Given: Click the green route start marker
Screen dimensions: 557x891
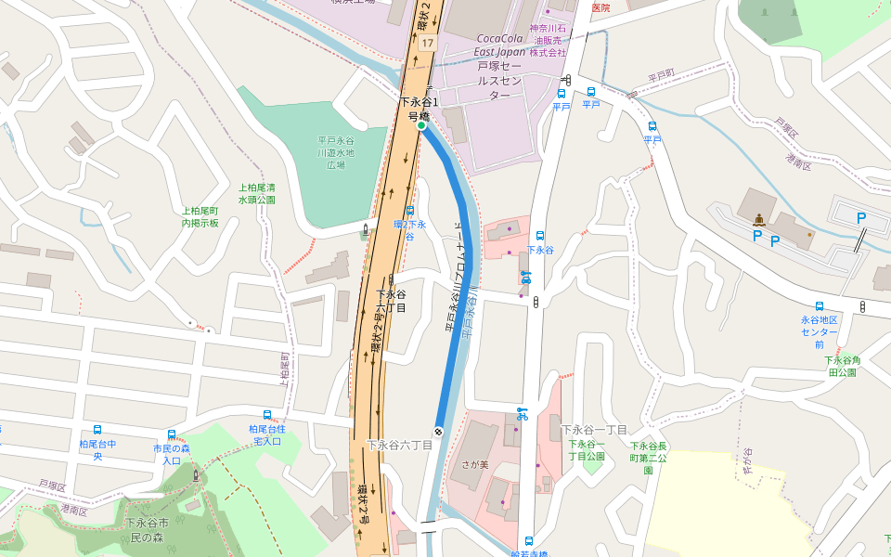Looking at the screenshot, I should tap(420, 125).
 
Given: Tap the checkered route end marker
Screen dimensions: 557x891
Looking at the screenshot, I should tap(438, 431).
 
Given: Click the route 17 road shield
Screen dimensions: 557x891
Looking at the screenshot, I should tap(426, 44).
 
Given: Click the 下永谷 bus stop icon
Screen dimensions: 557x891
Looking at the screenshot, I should tap(540, 236).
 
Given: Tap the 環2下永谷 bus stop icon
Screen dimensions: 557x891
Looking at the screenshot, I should tap(409, 211).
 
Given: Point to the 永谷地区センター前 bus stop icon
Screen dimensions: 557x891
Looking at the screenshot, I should tap(819, 306).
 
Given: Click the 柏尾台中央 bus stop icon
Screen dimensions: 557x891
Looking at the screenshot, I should tap(97, 430).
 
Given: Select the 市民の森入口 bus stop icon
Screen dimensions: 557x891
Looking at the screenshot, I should tap(172, 434).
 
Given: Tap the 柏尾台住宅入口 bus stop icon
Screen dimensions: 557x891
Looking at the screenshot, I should tap(267, 415).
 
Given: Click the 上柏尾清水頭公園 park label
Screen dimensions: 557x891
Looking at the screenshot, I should tap(257, 193).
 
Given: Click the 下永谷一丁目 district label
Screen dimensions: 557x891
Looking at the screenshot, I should tap(594, 430).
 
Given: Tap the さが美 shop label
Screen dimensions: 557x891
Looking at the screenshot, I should tap(477, 464).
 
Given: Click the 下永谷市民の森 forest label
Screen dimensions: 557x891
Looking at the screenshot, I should tap(147, 531).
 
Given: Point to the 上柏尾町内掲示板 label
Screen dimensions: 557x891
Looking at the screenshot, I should tap(200, 216).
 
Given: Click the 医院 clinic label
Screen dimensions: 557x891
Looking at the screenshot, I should tap(600, 7).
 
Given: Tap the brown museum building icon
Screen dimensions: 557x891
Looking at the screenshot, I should tap(760, 220).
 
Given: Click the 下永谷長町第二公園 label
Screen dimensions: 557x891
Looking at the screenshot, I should tap(649, 458).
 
